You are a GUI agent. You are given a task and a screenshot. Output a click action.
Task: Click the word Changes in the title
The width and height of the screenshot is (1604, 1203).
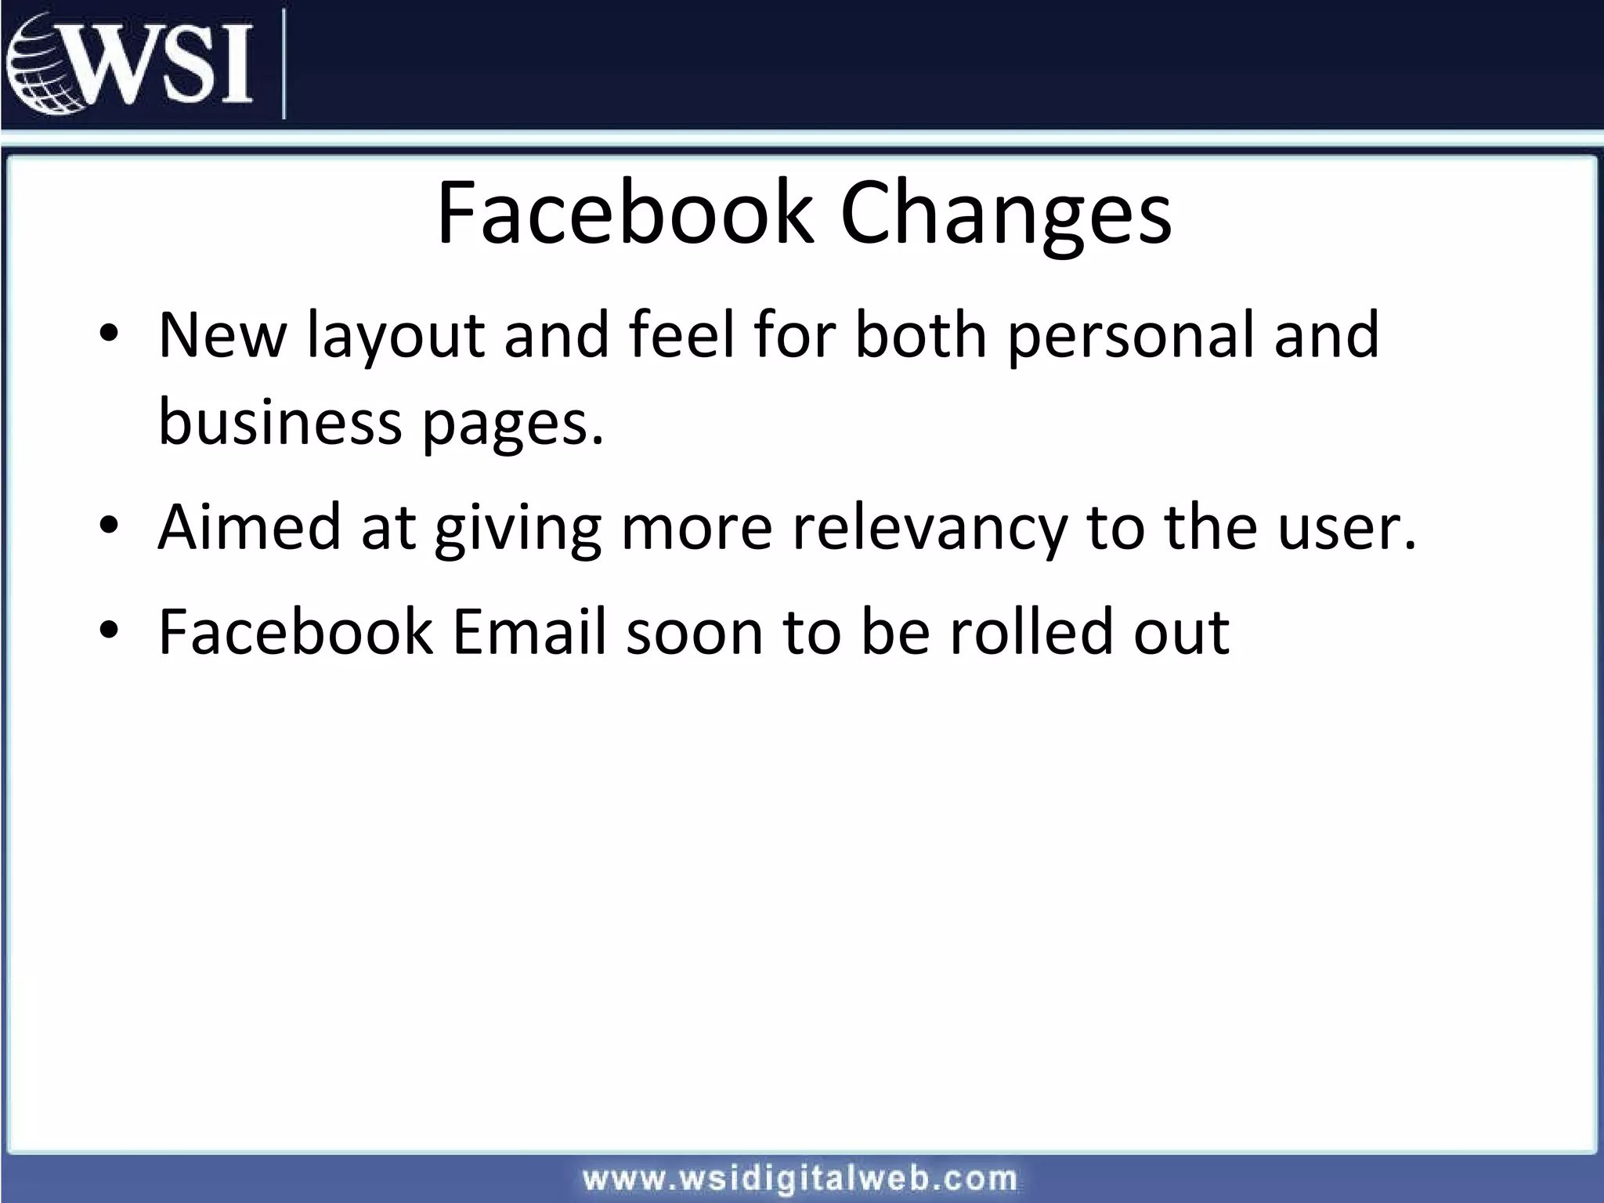(1006, 213)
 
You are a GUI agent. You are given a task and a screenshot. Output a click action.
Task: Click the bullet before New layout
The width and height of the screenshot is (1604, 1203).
(109, 334)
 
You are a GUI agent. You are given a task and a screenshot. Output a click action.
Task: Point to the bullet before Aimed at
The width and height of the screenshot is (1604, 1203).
(109, 526)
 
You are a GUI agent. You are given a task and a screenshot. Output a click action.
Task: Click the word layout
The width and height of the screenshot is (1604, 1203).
(396, 337)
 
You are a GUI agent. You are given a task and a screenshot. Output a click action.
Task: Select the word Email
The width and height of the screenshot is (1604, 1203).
(529, 631)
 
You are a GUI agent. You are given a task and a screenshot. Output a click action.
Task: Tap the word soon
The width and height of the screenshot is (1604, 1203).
(694, 633)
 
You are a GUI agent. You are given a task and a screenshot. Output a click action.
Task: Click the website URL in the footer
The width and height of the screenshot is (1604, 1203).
(800, 1179)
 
